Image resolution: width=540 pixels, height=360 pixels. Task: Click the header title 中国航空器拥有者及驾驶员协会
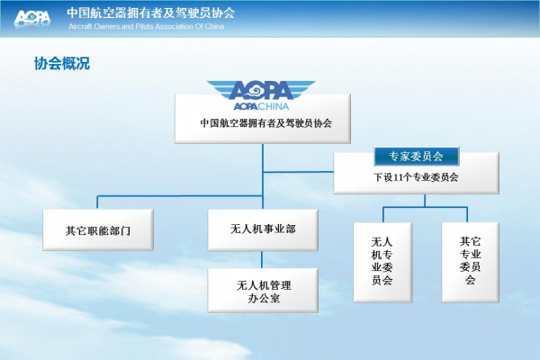coord(151,13)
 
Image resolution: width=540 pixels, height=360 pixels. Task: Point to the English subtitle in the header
coord(147,26)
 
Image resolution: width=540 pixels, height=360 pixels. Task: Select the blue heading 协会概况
coord(62,63)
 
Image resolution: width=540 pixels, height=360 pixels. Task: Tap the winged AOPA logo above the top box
coord(261,90)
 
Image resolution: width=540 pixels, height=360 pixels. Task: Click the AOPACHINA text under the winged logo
coord(261,106)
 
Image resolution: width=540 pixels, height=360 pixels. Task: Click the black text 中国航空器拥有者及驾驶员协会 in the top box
coord(265,123)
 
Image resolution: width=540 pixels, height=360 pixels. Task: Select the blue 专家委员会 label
coord(417,156)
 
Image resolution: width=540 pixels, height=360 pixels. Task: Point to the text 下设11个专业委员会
coord(416,177)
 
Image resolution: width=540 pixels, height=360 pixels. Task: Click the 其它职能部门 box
coord(98,229)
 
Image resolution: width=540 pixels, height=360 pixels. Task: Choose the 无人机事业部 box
coord(263,229)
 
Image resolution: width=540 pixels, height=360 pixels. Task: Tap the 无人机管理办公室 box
coord(263,291)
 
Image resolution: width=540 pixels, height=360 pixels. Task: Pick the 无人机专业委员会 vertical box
coord(382,263)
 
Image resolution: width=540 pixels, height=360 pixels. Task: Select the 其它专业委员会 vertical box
coord(471,263)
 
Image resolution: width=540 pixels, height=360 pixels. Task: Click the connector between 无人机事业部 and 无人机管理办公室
coord(262,259)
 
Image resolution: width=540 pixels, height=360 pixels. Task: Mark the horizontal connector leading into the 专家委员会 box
coord(298,172)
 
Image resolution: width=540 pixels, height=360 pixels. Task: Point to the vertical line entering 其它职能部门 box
coord(97,202)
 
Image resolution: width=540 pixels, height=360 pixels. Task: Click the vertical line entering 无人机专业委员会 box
coord(383,214)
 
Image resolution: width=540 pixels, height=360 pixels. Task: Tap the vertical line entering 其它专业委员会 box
coord(467,214)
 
